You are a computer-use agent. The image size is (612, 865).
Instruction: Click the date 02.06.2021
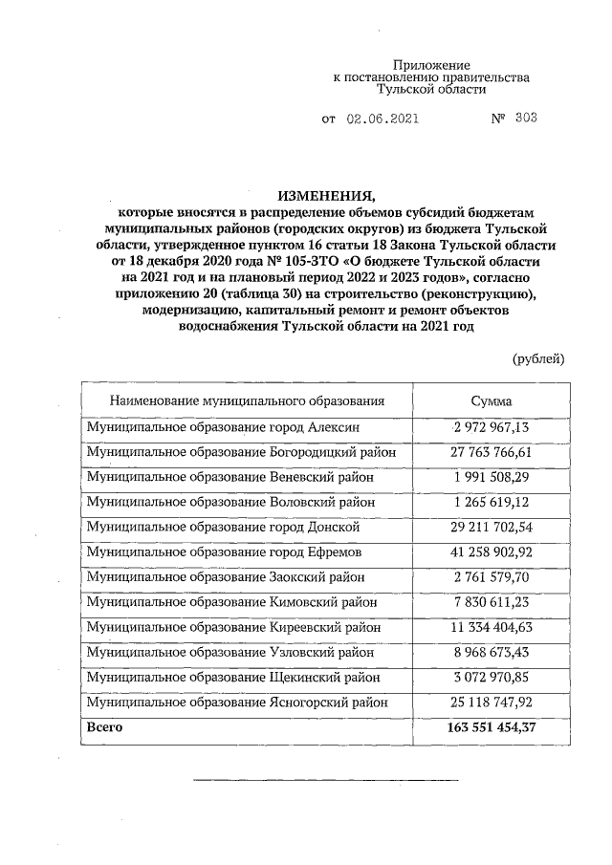point(382,119)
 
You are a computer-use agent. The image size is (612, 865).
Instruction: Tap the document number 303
point(525,119)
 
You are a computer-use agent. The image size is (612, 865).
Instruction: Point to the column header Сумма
point(492,401)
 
